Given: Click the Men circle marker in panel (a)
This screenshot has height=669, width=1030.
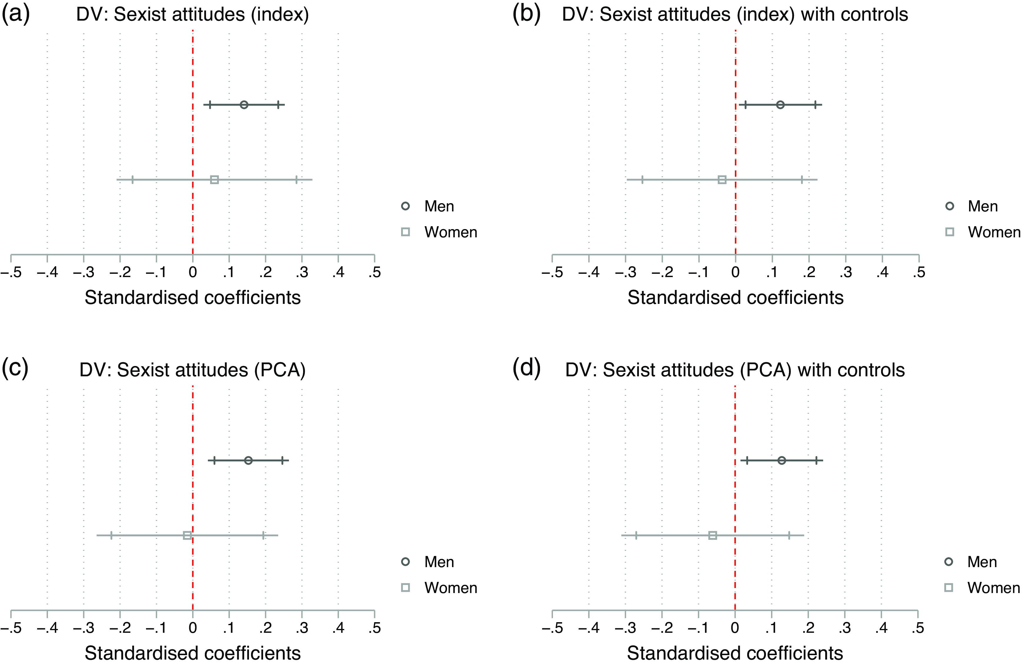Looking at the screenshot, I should [244, 105].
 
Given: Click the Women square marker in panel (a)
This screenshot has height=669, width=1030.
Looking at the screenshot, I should [214, 180].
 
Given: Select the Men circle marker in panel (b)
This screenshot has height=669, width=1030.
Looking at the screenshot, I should [780, 105].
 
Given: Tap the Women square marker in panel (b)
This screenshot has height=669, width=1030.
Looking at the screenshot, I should [722, 180].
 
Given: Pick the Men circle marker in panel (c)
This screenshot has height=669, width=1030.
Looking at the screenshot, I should [248, 460].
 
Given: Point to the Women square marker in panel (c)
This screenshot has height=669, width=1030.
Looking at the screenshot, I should [187, 535].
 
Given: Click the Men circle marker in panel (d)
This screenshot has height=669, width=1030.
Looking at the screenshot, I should [781, 460].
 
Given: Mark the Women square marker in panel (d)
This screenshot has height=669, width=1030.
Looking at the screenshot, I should [712, 535].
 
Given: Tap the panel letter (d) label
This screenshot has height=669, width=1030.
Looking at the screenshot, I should [526, 369].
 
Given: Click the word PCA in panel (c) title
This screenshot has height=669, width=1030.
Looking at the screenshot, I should [280, 370].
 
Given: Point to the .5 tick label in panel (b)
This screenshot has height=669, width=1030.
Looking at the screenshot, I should [918, 272].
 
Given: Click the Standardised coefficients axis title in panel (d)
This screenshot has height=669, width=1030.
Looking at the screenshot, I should [735, 653].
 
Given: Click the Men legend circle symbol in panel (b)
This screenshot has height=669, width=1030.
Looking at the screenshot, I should [949, 206].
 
